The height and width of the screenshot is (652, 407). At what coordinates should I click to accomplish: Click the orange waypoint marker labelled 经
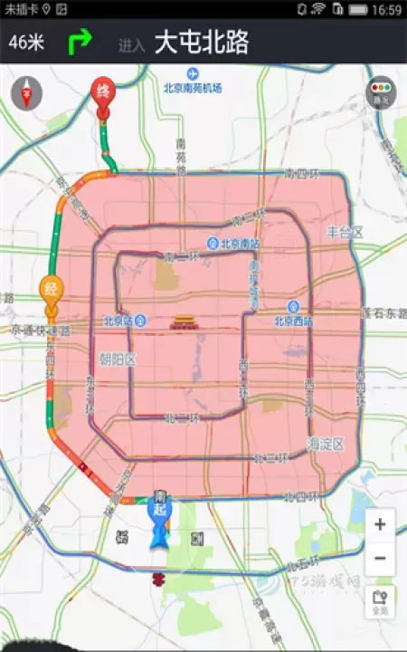(x=52, y=290)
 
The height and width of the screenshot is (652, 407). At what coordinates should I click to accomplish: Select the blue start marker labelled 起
(x=159, y=510)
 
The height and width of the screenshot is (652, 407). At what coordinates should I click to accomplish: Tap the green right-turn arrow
(x=81, y=42)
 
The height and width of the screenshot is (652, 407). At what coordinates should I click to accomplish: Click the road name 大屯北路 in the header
(x=202, y=43)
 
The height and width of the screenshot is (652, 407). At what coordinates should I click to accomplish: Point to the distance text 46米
(x=26, y=42)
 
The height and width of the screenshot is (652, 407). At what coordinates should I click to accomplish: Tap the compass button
(x=27, y=92)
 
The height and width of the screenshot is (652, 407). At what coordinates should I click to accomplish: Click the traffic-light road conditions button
(x=380, y=92)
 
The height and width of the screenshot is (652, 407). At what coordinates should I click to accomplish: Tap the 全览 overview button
(x=380, y=601)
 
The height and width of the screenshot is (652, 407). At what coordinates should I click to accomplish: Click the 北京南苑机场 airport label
(x=193, y=88)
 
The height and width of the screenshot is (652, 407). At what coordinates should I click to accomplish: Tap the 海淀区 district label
(x=326, y=444)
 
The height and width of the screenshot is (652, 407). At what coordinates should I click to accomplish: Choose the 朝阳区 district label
(x=117, y=360)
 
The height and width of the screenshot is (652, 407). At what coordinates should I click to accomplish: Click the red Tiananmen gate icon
(x=182, y=321)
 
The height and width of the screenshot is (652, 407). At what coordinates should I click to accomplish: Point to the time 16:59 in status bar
(x=386, y=10)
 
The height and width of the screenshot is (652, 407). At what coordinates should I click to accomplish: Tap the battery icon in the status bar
(x=360, y=10)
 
